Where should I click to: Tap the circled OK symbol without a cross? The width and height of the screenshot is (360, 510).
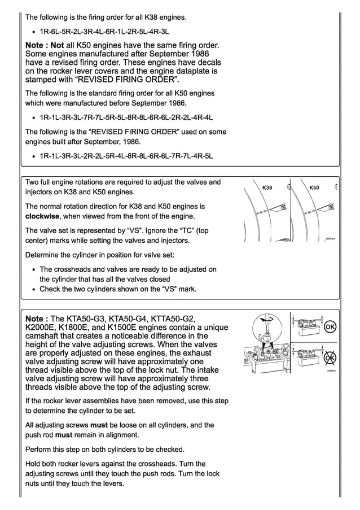331,328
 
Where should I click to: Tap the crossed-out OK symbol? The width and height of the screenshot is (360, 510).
331,359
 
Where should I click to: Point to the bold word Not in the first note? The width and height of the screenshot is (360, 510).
58,44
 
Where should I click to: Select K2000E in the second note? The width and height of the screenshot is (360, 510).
42,327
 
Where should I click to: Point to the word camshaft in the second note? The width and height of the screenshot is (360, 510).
44,336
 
